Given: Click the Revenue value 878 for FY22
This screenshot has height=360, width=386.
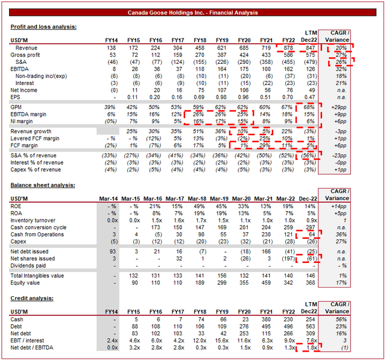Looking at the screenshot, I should tap(285, 47).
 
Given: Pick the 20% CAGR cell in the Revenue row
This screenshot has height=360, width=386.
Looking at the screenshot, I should tap(341, 47).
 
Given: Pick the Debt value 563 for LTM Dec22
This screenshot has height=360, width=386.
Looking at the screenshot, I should tap(309, 325).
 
